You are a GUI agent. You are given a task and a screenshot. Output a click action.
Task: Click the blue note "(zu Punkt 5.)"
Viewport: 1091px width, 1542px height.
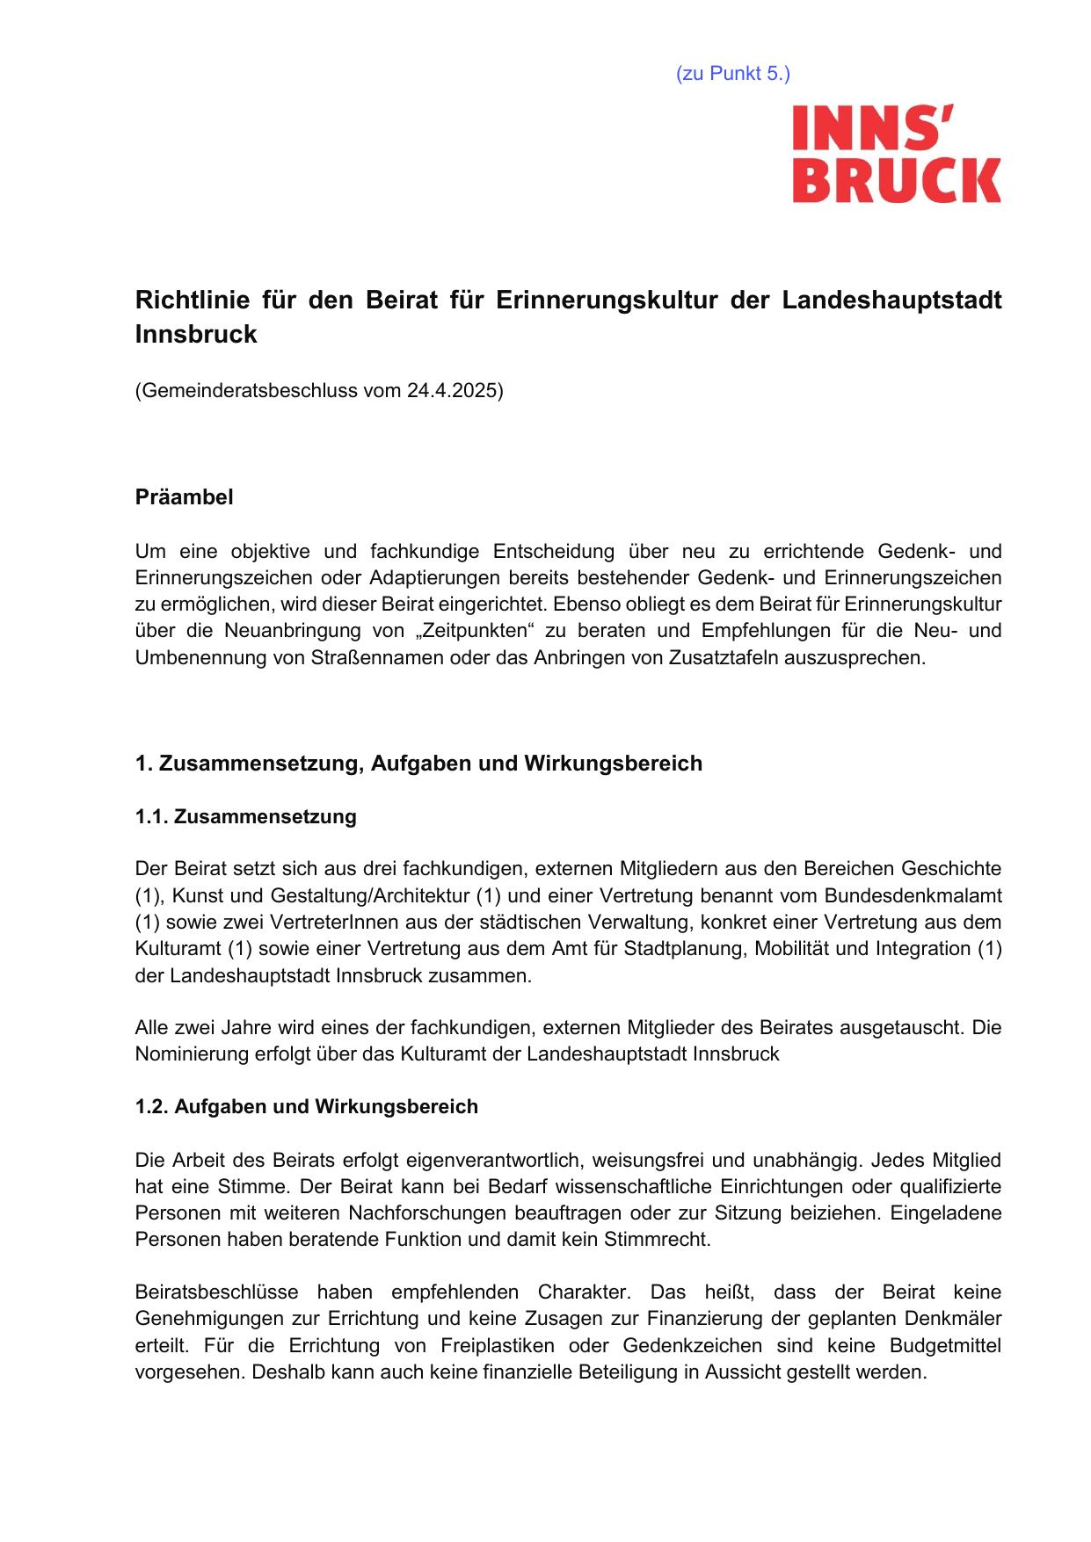point(732,74)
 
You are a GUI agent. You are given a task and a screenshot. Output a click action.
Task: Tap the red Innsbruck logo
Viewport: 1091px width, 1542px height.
point(896,155)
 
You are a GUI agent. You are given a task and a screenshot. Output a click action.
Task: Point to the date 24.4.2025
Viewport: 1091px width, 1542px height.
point(452,391)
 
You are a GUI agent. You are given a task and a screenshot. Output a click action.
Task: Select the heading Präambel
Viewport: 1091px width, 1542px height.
point(184,497)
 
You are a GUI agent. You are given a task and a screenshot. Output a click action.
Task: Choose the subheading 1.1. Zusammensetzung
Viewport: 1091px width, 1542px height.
point(245,816)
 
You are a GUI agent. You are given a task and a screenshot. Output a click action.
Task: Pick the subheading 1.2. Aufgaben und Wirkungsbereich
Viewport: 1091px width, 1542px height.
point(306,1106)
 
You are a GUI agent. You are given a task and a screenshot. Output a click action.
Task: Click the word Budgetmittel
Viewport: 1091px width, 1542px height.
point(945,1345)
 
